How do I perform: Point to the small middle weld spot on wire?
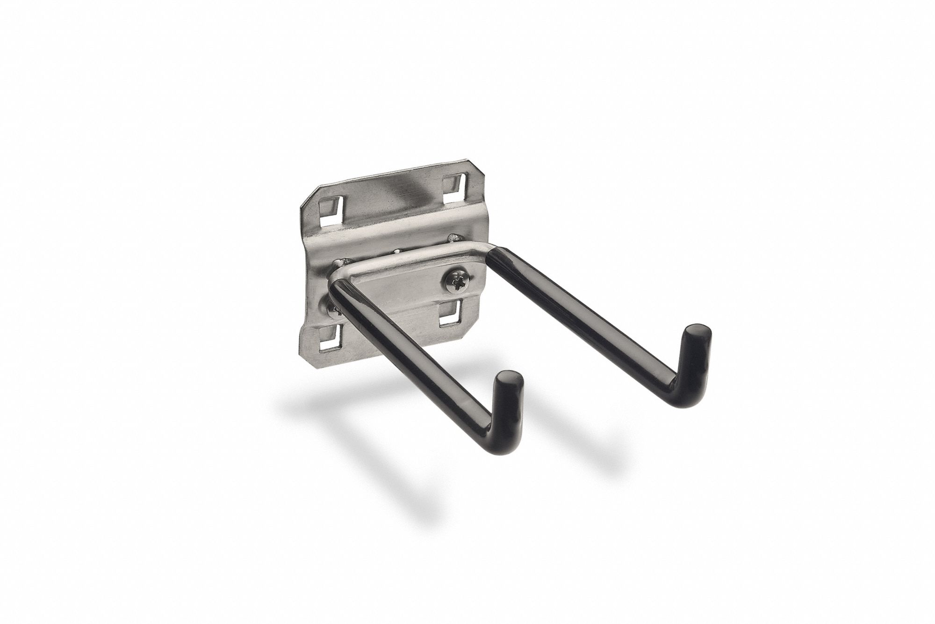point(396,253)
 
